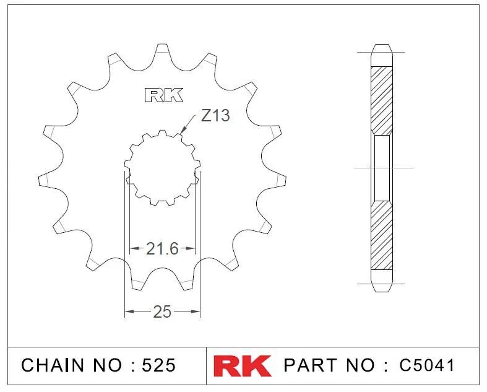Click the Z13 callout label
coord(215,116)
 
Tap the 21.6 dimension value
coord(162,249)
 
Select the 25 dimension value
coord(162,311)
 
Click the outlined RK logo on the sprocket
coord(164,95)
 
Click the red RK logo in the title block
coord(242,365)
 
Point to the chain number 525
coord(158,365)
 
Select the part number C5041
coord(427,365)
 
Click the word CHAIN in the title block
coord(53,365)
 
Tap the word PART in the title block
coord(311,365)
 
